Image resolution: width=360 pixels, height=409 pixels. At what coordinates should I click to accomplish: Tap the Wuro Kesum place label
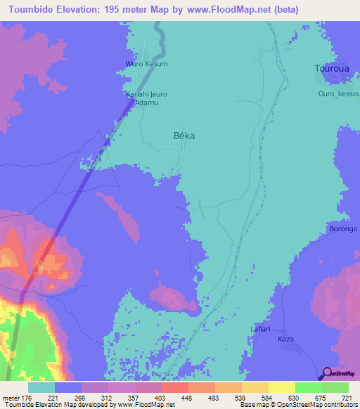point(146,64)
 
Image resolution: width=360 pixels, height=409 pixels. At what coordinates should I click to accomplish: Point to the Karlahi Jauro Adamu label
point(146,98)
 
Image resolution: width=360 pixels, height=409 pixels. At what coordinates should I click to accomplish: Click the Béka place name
point(184,136)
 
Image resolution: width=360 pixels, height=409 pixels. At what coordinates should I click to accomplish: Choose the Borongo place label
point(344,229)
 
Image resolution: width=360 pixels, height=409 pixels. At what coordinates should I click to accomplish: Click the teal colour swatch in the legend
point(41,387)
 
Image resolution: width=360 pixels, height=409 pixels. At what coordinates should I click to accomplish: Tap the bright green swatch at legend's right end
point(335,387)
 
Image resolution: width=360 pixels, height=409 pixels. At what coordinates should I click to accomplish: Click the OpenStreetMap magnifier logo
point(328,373)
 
